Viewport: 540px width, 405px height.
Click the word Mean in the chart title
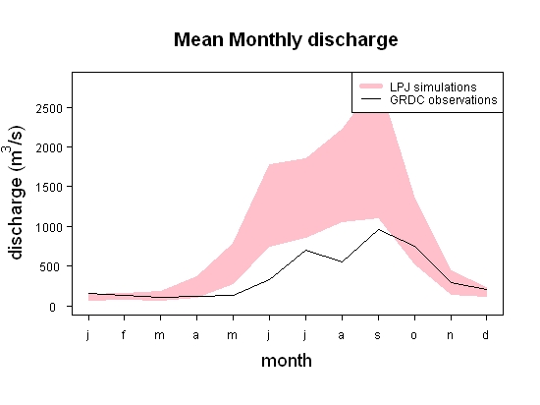pos(198,39)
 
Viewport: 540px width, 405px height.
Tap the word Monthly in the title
pos(265,40)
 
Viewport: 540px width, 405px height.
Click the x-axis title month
pos(287,361)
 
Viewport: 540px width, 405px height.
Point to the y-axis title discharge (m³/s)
pos(15,193)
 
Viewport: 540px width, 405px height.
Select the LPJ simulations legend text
pos(433,87)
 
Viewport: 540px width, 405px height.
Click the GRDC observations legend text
pos(444,100)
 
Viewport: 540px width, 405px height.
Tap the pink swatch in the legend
pos(371,86)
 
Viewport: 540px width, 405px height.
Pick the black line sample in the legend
pos(371,99)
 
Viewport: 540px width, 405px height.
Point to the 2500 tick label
pos(49,109)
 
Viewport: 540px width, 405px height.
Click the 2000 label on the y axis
pos(49,148)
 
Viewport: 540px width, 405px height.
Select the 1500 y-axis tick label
pos(49,188)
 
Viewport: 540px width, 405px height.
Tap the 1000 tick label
pos(49,227)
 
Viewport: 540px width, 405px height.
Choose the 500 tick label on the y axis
pos(51,266)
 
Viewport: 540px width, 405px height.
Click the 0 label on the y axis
pos(52,307)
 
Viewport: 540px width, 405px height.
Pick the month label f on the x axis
pos(124,334)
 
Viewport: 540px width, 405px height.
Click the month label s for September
pos(378,335)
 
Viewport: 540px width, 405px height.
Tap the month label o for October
pos(414,335)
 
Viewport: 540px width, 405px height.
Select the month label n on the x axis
pos(450,335)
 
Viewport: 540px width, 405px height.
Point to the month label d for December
pos(486,334)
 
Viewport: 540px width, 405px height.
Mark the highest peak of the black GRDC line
pos(378,229)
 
